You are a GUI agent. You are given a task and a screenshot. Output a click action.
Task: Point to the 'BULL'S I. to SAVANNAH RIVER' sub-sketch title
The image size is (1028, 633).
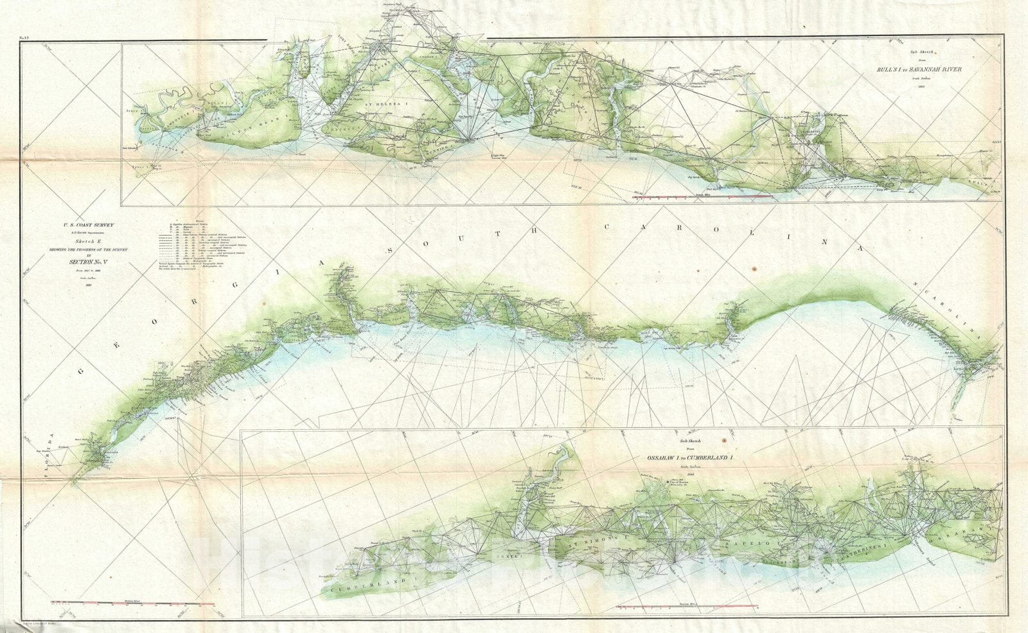[x=923, y=70]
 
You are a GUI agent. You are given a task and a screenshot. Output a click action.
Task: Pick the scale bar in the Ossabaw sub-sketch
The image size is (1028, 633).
[x=686, y=607]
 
